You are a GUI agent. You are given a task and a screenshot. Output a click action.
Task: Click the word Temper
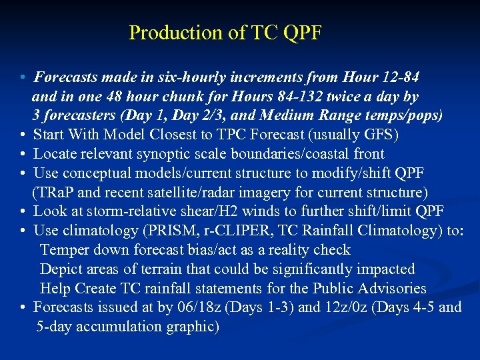coord(63,250)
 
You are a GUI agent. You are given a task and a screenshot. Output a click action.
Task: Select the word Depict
coord(61,269)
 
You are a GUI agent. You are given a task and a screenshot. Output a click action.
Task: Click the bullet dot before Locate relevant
coord(23,154)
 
